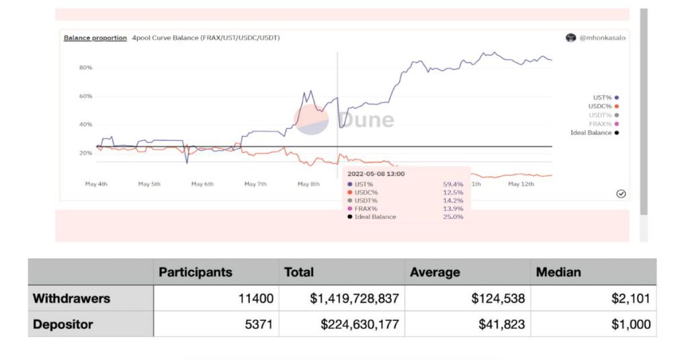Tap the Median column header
557,272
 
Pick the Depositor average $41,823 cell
498,324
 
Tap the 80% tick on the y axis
85,68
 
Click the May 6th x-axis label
202,183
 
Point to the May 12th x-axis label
521,183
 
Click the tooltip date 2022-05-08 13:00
376,174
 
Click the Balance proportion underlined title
95,38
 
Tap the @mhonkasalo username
603,38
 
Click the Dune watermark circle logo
310,120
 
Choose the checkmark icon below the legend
621,193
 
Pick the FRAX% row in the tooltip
366,208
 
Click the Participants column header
195,272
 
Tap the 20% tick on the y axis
85,153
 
